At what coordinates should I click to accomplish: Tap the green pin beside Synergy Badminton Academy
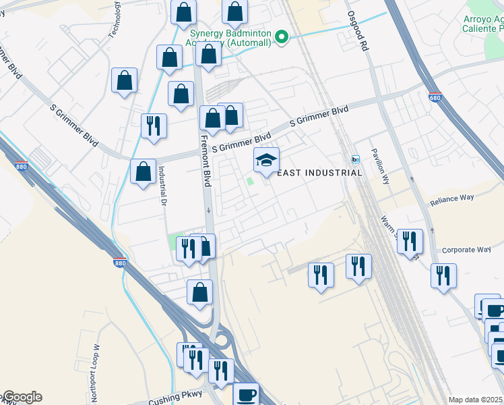tap(284, 38)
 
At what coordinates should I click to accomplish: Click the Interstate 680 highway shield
tap(435, 97)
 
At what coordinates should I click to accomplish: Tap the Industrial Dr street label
tap(162, 186)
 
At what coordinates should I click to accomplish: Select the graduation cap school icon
tap(266, 161)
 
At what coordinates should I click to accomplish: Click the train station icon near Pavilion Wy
tap(355, 159)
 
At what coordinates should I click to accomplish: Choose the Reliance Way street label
tap(453, 198)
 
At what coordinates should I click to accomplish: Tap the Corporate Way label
tap(466, 250)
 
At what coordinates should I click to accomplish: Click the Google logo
tap(22, 397)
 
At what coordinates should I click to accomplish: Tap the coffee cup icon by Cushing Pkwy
tap(246, 394)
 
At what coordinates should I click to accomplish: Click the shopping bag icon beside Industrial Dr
tap(143, 171)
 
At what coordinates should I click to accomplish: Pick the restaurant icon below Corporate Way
tap(443, 275)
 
